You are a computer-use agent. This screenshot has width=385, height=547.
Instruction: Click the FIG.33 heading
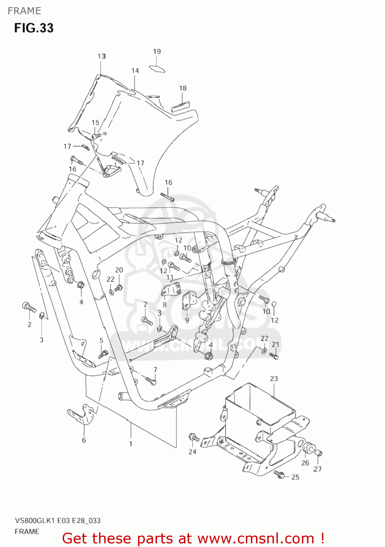click(x=34, y=28)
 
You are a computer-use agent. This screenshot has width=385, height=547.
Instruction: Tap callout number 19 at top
click(x=157, y=51)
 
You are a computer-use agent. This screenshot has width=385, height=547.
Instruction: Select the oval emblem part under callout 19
click(x=157, y=69)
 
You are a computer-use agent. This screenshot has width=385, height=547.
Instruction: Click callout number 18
click(x=182, y=88)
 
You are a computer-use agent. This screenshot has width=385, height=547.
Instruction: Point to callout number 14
click(x=135, y=71)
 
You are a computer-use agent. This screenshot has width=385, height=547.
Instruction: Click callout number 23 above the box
click(x=274, y=379)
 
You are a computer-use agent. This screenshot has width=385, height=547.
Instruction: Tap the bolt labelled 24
click(x=193, y=437)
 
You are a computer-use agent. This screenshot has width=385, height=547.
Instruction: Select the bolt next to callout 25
click(x=279, y=474)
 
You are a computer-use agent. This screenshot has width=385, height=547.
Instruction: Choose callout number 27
click(x=318, y=469)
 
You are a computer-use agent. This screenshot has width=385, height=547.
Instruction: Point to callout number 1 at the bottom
click(x=131, y=444)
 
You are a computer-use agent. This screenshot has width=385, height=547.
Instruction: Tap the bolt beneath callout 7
click(x=151, y=381)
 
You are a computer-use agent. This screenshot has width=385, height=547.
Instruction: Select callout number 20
click(x=119, y=270)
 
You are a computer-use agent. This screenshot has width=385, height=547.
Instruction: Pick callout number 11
click(x=170, y=278)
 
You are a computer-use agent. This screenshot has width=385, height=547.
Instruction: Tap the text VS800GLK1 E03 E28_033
click(x=58, y=521)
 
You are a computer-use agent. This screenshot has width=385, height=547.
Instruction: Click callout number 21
click(x=275, y=344)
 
